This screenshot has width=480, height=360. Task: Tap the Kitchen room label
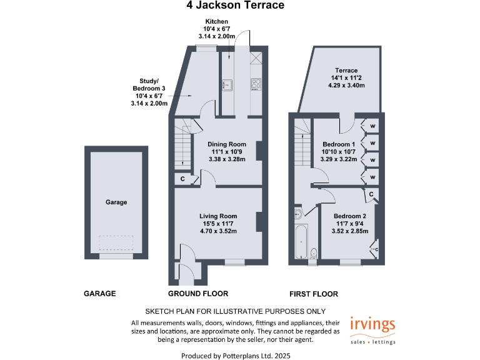(x=216, y=29)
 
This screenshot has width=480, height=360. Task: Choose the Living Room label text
(x=217, y=223)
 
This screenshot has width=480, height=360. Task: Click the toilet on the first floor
(x=314, y=252)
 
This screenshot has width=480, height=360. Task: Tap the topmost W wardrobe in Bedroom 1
(x=372, y=125)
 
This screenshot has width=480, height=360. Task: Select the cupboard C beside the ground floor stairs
(x=182, y=180)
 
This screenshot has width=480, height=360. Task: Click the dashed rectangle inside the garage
(x=116, y=243)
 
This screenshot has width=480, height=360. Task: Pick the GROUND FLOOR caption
(x=198, y=294)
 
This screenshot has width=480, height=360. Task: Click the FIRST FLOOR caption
(x=313, y=294)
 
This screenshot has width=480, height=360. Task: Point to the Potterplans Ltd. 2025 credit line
(x=236, y=355)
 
